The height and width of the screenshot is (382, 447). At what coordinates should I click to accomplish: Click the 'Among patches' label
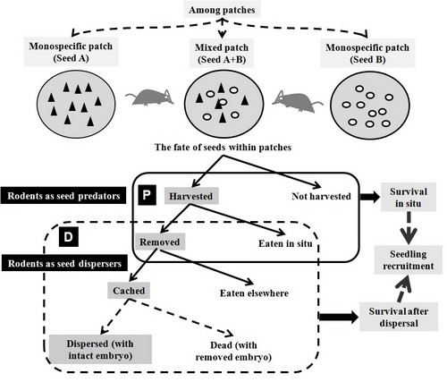coord(222,10)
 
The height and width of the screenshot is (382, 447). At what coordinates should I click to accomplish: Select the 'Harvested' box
coord(191,196)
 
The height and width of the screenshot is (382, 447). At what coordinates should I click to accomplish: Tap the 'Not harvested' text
coord(321,196)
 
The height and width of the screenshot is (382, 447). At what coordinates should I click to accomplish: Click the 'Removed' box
coord(160,242)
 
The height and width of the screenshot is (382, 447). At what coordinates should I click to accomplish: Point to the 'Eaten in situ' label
coord(285,243)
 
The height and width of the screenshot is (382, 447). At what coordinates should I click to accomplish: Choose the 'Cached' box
coord(129,291)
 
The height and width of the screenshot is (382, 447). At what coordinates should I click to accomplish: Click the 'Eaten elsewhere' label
coord(254,293)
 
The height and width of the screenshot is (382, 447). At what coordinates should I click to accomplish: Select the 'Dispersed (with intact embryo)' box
coord(100,349)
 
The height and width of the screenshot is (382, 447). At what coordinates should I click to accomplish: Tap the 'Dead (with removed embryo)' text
coord(233,351)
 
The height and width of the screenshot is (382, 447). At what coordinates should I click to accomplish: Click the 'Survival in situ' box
coord(409,197)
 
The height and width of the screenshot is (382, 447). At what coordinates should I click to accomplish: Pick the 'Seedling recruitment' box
coord(409,259)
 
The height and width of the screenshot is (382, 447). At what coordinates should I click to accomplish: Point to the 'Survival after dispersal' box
coord(399,317)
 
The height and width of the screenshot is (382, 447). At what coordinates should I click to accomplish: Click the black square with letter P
coord(147,195)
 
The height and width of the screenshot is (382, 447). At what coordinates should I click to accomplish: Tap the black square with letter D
coord(69,237)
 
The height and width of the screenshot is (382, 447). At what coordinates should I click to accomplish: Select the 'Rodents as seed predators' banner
coord(63,196)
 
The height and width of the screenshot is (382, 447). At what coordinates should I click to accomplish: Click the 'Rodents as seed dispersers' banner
coord(64,263)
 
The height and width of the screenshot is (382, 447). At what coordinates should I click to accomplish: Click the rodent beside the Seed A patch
coord(149,98)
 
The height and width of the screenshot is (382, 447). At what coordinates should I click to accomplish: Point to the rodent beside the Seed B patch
coord(297,101)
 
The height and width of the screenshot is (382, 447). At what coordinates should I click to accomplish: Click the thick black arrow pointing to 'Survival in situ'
coord(370,197)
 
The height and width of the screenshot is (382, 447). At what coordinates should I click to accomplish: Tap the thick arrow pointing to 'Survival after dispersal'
coord(339,317)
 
